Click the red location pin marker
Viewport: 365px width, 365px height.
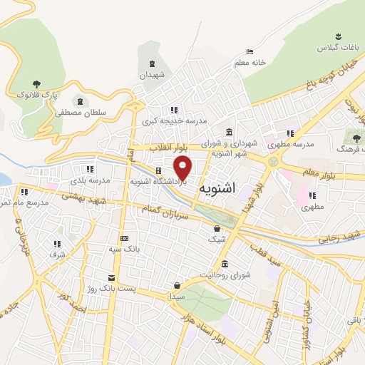(183, 168)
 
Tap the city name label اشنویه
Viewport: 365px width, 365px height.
(218, 188)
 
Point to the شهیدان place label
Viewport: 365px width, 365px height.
(151, 74)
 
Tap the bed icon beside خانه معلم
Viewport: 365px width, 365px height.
(250, 51)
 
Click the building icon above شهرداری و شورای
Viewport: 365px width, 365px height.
(228, 132)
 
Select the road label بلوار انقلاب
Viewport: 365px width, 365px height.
(173, 148)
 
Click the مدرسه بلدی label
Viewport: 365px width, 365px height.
(90, 180)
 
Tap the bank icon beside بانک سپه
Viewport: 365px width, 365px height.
(125, 238)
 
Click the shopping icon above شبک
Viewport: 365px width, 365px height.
(217, 229)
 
